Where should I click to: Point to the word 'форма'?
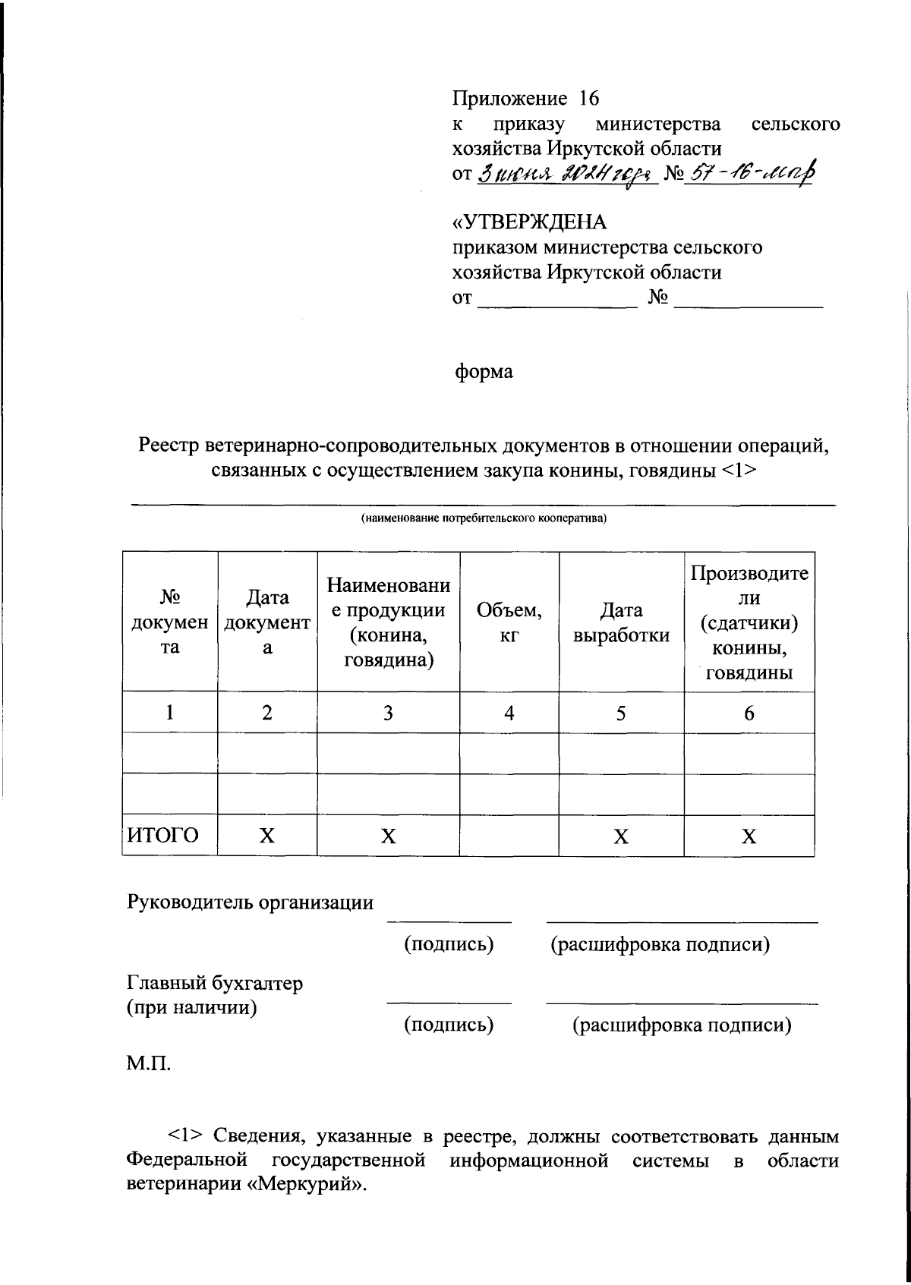(483, 372)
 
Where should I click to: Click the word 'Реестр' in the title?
(169, 446)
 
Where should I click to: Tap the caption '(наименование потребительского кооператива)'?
(484, 519)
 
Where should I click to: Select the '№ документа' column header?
(170, 622)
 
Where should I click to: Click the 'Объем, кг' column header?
(509, 622)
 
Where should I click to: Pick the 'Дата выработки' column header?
(621, 622)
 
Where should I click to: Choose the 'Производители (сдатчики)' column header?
(749, 622)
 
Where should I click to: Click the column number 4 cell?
(509, 713)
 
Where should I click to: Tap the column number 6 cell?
(749, 713)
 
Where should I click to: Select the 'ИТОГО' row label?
(162, 836)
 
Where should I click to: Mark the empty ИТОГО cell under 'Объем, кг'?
(509, 836)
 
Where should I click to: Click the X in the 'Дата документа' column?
(267, 836)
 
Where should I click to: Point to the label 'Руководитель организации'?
(250, 902)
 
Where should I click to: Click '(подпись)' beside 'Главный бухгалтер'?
(449, 1025)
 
